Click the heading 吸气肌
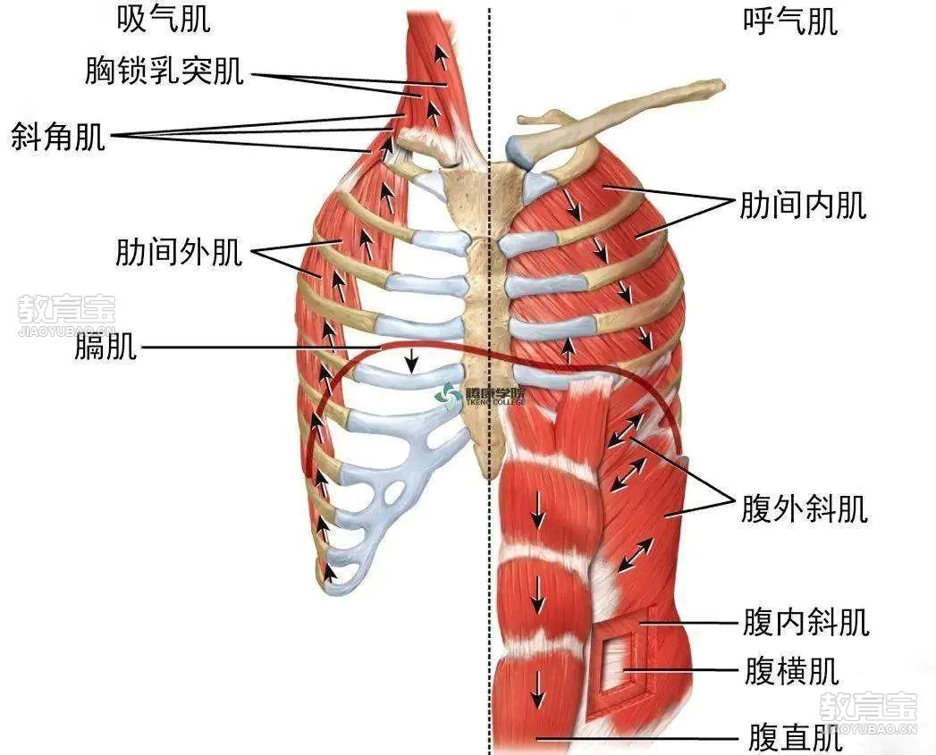(164, 19)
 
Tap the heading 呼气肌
(790, 22)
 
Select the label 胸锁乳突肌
(164, 71)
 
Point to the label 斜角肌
(58, 137)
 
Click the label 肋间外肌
(179, 252)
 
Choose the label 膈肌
(105, 346)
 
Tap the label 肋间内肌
(803, 205)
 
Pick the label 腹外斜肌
(804, 509)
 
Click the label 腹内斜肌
(805, 623)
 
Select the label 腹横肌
(791, 671)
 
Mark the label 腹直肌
(795, 738)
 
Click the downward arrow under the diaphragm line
(410, 360)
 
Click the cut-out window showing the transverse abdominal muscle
(615, 663)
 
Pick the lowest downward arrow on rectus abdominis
(538, 689)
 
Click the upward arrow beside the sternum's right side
(569, 349)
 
